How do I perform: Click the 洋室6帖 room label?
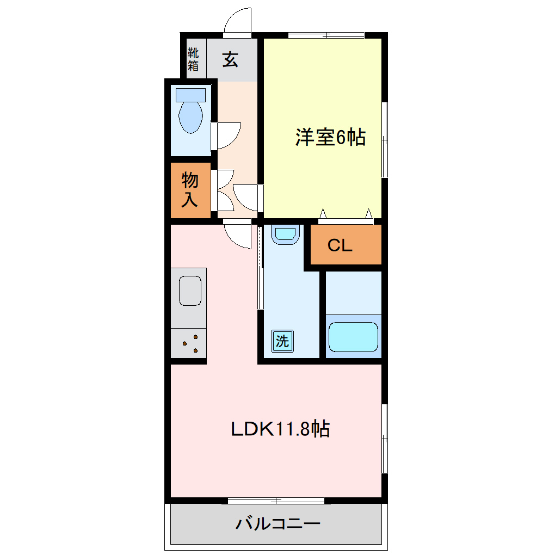[x=330, y=137]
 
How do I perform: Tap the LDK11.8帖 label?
[x=280, y=429]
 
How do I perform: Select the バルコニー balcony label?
[x=277, y=525]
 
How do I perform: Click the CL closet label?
[x=340, y=246]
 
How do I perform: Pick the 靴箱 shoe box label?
[x=193, y=59]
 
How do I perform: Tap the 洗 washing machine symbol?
[x=282, y=341]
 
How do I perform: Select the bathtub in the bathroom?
[x=353, y=337]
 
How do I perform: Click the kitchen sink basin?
[x=190, y=291]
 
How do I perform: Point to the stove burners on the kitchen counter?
[x=189, y=343]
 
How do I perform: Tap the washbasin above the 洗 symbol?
[x=285, y=234]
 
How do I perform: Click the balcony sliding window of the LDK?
[x=276, y=500]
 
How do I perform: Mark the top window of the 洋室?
[x=326, y=35]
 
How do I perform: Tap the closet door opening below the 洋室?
[x=346, y=217]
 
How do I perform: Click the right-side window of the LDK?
[x=384, y=438]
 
